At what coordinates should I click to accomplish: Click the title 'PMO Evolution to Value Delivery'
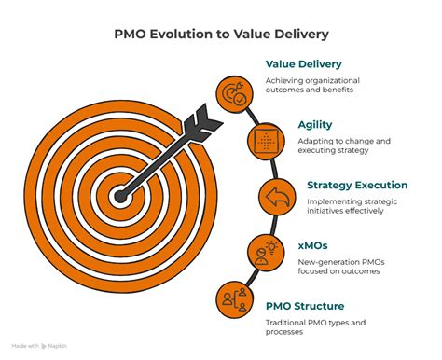(x=221, y=36)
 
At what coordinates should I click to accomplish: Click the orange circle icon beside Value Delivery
(x=233, y=93)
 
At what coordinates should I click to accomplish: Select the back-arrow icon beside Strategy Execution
(x=275, y=197)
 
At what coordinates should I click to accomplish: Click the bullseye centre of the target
(x=119, y=197)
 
